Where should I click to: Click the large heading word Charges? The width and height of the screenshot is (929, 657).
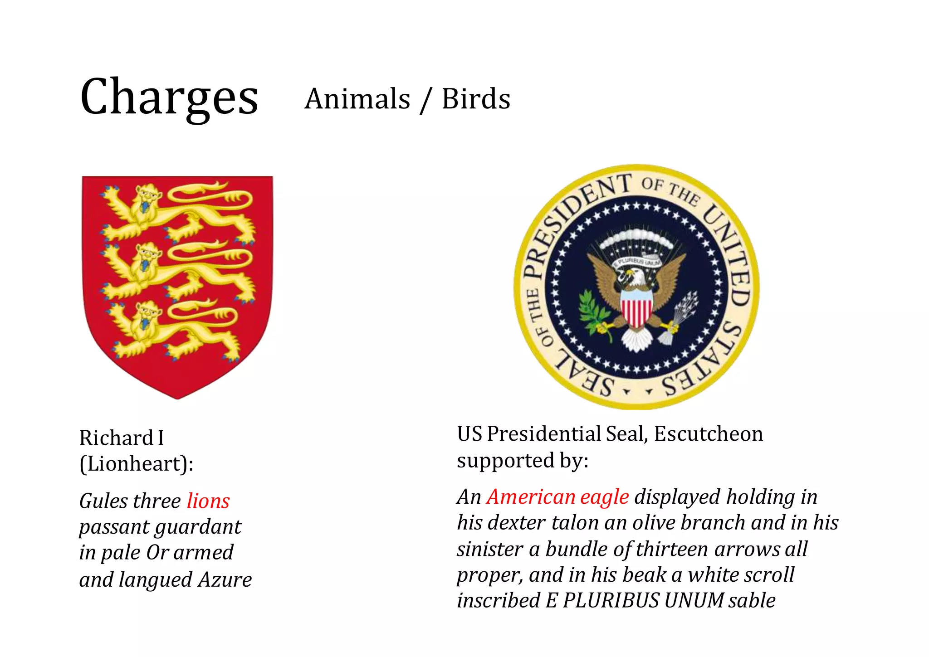coord(169,97)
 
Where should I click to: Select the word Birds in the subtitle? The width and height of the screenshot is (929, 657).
coord(476,99)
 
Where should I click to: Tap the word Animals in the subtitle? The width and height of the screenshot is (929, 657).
coord(357,99)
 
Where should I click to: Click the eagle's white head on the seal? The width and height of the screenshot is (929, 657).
coord(635,277)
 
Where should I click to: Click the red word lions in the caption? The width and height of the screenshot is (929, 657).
coord(208,501)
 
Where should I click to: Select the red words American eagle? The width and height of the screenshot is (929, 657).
coord(557,497)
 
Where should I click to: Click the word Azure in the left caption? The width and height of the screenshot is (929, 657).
coord(225,579)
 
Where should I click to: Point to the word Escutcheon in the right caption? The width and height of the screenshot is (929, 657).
coord(708,434)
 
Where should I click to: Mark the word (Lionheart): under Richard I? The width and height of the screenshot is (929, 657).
coord(137,464)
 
